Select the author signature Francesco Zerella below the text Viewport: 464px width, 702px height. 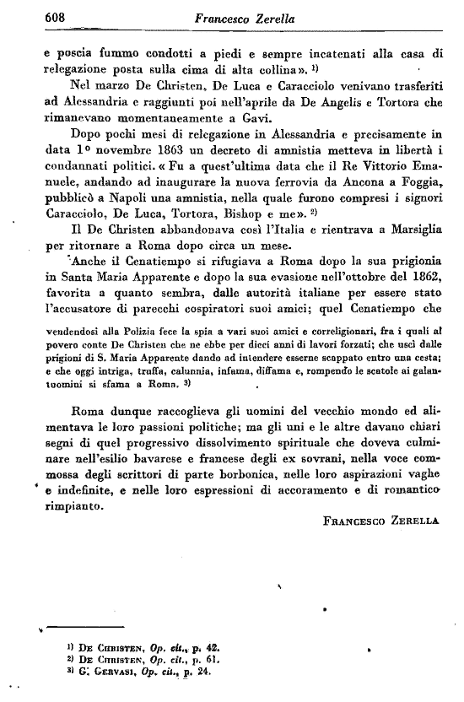pyautogui.click(x=380, y=522)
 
